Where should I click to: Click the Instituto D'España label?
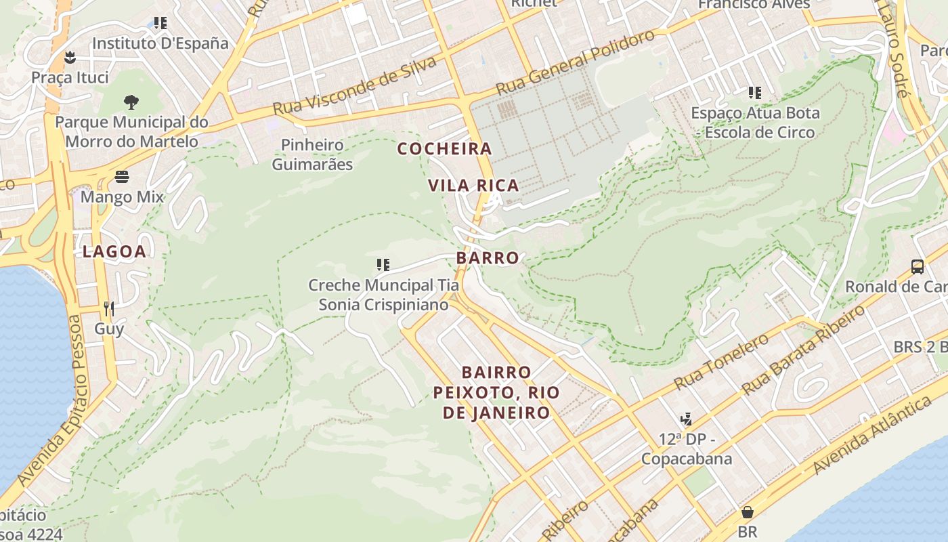point(160,43)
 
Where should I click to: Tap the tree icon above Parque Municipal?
point(131,102)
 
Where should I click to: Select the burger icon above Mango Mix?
point(122,177)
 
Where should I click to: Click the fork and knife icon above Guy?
point(109,309)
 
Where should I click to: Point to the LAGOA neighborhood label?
point(114,252)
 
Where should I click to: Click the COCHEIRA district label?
point(444,148)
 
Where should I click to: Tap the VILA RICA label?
point(473,185)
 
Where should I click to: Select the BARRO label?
point(488,258)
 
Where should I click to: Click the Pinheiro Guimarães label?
point(312,154)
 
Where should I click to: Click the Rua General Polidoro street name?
point(576,62)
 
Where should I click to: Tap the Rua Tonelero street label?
point(721,364)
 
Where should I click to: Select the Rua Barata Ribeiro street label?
point(804,350)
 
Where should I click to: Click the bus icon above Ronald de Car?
point(918,266)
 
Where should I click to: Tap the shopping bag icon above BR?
point(748,512)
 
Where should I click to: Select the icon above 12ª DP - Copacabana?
point(687,419)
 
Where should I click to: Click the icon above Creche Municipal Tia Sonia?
point(383,264)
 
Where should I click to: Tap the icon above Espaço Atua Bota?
point(755,93)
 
